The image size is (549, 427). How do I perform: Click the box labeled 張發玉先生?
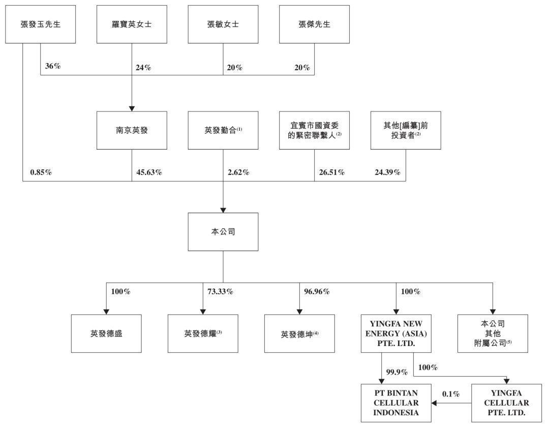point(40,24)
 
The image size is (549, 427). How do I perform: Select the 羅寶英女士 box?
point(132,24)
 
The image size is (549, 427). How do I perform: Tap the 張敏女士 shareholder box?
point(223,24)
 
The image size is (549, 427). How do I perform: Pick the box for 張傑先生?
point(315,24)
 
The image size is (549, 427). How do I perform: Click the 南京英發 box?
point(132,130)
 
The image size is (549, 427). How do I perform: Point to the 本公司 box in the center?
point(223,232)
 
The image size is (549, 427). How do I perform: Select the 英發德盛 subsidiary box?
point(106,333)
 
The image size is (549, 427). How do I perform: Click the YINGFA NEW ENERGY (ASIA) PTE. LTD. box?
point(396,333)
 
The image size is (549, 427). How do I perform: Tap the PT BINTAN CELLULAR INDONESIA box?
point(396,403)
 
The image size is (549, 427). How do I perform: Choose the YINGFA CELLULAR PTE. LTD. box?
point(507,403)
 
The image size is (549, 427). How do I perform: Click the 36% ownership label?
point(53,66)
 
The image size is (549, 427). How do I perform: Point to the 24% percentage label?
point(143,68)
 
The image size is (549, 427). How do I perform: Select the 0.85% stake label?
point(41,172)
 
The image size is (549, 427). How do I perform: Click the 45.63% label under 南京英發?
point(149,172)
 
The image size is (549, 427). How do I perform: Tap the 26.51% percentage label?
point(332,172)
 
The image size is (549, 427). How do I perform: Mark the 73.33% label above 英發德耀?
point(220,291)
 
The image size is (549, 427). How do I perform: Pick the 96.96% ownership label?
point(317,291)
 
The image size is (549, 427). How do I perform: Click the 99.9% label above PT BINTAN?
point(396,372)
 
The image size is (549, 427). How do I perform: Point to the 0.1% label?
point(451,394)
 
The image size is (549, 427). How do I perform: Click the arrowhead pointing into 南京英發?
point(132,109)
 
